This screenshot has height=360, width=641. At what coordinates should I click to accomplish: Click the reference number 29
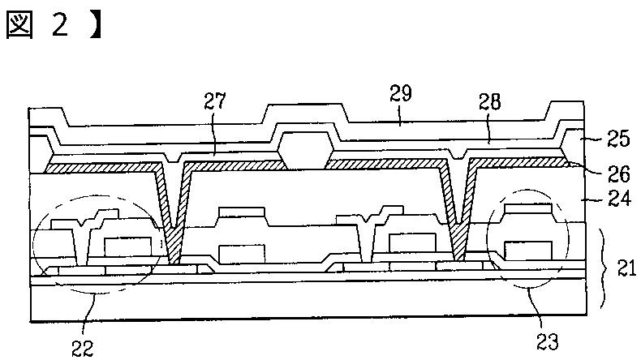tap(401, 94)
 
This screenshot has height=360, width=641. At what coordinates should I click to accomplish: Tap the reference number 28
tap(489, 104)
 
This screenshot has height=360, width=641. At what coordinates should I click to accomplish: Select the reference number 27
tap(216, 104)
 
